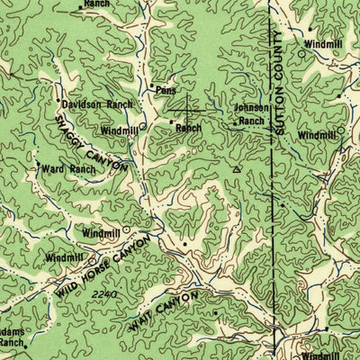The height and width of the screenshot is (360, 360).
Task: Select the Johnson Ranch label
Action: [251, 113]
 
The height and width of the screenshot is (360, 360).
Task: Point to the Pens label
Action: [166, 91]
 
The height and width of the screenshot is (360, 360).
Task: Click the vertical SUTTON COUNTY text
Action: [280, 85]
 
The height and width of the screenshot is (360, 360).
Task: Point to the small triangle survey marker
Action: [237, 167]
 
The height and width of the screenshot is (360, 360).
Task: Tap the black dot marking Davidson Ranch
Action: [59, 101]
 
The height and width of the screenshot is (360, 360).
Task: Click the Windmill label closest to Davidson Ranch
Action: [119, 130]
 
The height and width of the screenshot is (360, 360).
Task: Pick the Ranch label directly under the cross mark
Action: [188, 129]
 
